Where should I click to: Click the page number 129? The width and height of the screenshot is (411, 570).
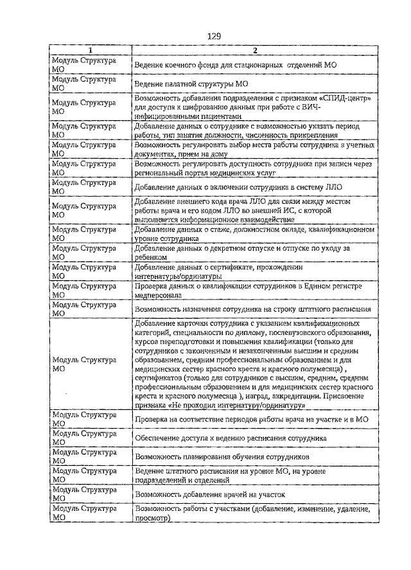point(214,36)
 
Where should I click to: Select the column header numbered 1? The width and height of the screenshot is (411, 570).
point(91,50)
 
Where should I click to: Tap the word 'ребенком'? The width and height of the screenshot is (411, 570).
point(152,257)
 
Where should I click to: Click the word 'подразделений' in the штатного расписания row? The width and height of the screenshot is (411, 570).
point(161,480)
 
